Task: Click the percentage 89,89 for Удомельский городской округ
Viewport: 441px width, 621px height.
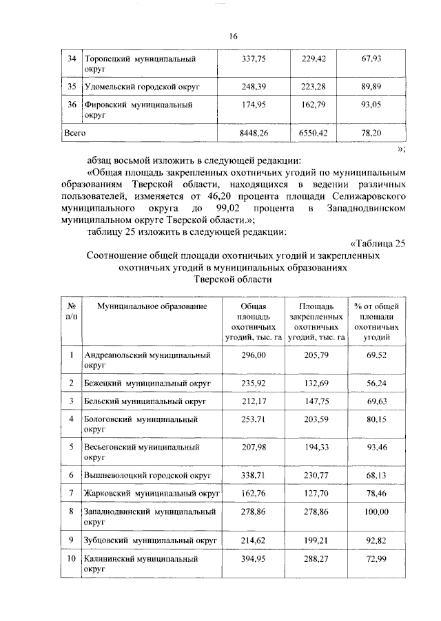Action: pos(371,87)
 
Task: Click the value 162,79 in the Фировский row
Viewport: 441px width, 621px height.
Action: pos(313,105)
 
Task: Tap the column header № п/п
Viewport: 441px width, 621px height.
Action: pos(71,310)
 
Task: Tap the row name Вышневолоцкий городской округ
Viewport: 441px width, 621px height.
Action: pos(147,475)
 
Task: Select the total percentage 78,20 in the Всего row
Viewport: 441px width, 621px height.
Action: pos(371,131)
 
